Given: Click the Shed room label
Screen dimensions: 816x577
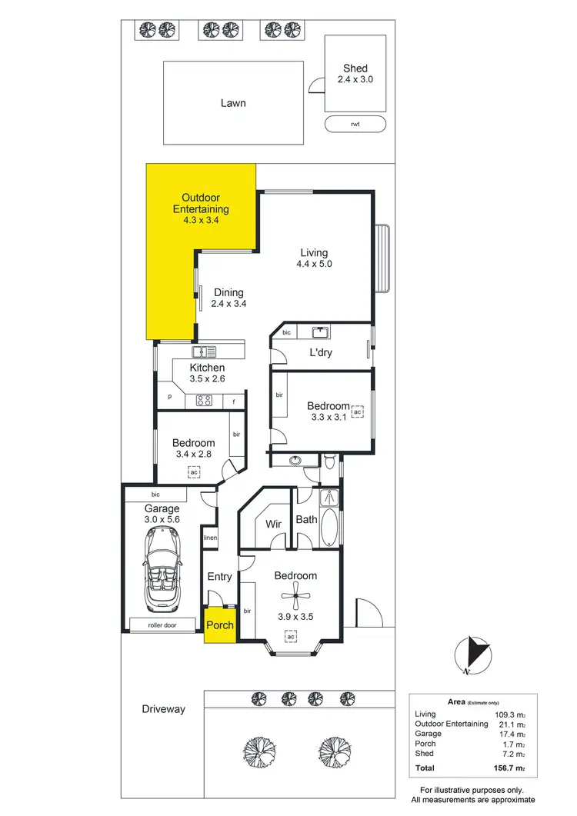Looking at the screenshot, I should coord(355,69).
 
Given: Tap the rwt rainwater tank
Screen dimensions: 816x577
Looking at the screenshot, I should coord(355,124).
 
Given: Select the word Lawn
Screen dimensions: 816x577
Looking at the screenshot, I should coord(233,102).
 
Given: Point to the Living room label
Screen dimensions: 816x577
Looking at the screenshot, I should coord(313,252).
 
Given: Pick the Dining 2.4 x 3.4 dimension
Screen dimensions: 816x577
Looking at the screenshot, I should coord(228,303).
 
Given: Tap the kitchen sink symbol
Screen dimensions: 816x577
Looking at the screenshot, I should coord(205,351).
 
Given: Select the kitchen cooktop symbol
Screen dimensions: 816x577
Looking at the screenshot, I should coord(204,400).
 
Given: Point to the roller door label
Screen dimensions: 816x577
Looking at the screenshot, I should coord(162,625).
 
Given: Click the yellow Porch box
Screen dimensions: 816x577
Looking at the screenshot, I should coord(220,624).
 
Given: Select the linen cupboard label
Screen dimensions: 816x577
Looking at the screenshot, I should coord(209,538).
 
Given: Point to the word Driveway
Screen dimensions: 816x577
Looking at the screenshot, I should coord(163,709).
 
